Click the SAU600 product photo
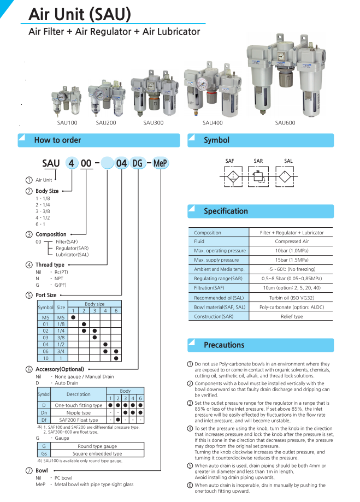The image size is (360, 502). [x=285, y=76]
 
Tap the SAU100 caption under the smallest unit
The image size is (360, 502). [x=67, y=123]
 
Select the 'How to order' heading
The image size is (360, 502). [x=57, y=140]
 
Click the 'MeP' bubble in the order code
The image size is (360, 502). [x=160, y=163]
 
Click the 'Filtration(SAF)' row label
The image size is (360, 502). [x=209, y=288]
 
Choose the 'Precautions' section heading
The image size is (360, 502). [x=224, y=345]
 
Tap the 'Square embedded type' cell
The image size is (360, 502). [x=97, y=453]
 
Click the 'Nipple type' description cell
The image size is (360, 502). [x=79, y=412]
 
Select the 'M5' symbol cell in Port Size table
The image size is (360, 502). [x=45, y=317]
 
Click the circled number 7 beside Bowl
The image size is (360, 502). [x=29, y=470]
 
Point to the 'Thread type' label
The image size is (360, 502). [x=50, y=264]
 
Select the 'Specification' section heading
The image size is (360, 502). [x=226, y=211]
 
